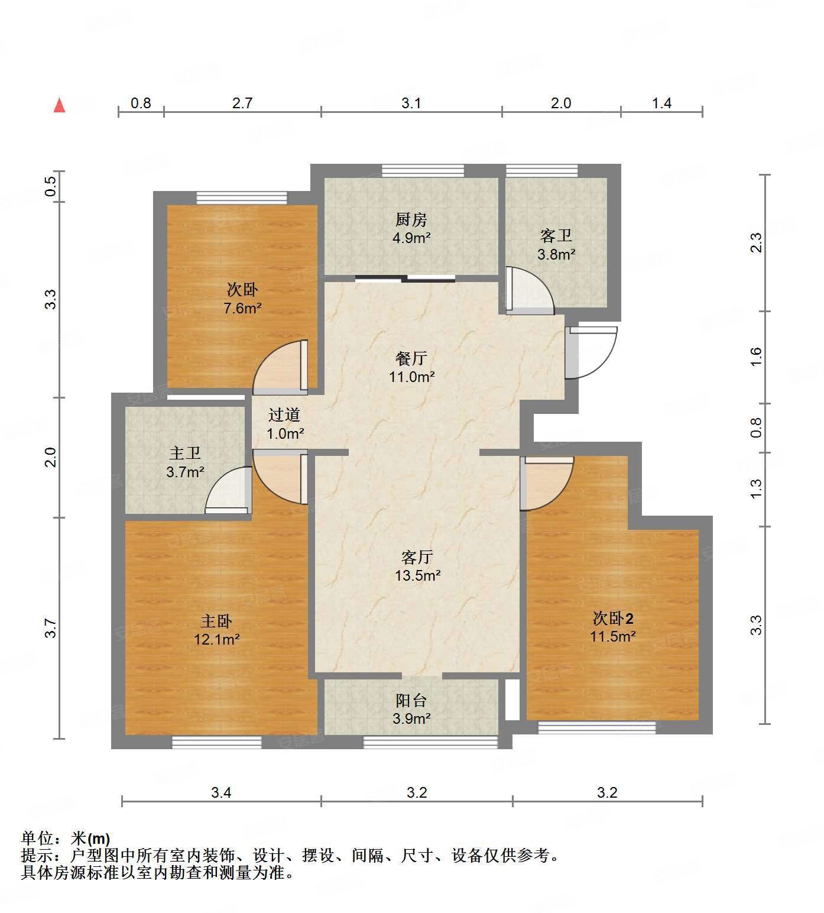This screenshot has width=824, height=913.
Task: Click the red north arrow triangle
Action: click(59, 106)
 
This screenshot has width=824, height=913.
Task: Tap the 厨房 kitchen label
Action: click(411, 220)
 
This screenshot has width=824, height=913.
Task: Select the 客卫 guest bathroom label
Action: click(556, 236)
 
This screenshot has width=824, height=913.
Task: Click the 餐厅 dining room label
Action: click(411, 358)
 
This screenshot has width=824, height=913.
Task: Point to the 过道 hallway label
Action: click(284, 415)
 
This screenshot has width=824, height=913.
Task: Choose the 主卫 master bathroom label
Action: click(186, 454)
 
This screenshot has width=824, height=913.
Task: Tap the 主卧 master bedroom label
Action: click(216, 621)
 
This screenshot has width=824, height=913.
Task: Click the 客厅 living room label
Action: click(417, 557)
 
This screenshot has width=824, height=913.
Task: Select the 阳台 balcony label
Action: click(411, 701)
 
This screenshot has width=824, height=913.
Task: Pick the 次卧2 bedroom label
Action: click(613, 619)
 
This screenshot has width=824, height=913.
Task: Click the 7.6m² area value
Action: click(242, 308)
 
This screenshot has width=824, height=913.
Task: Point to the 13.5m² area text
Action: click(418, 575)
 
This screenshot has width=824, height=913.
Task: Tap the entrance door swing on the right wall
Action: click(591, 352)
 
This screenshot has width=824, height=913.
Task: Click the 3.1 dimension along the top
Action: click(411, 103)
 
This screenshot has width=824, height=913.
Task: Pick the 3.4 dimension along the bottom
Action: click(221, 793)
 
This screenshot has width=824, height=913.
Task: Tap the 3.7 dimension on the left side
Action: click(51, 627)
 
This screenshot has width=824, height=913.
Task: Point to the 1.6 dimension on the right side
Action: click(757, 357)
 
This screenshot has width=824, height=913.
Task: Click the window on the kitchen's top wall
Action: click(423, 171)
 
